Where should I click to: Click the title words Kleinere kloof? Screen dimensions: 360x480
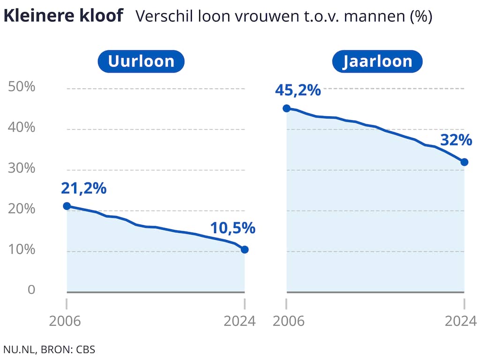[63, 16]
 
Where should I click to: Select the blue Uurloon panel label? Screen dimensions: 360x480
[141, 61]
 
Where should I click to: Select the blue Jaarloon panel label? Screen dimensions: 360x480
[377, 61]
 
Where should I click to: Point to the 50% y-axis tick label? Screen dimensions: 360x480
[22, 87]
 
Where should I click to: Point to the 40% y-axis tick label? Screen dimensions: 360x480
[22, 128]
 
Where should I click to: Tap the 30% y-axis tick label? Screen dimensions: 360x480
[22, 169]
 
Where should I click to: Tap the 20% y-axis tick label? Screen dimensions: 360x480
[22, 210]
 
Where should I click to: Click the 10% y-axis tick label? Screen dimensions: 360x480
[22, 250]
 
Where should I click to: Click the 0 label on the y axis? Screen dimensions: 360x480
[31, 290]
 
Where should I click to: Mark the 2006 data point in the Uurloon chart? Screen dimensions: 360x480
[67, 206]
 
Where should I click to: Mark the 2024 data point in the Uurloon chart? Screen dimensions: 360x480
[245, 249]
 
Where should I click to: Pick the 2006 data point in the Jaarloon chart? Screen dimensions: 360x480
[286, 108]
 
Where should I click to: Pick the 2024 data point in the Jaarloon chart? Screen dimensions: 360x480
[465, 162]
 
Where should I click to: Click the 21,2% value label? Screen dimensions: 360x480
[84, 188]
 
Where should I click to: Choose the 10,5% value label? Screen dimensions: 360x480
[232, 228]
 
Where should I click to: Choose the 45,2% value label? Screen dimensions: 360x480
[299, 90]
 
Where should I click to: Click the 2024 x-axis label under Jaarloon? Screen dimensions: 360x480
[460, 322]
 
